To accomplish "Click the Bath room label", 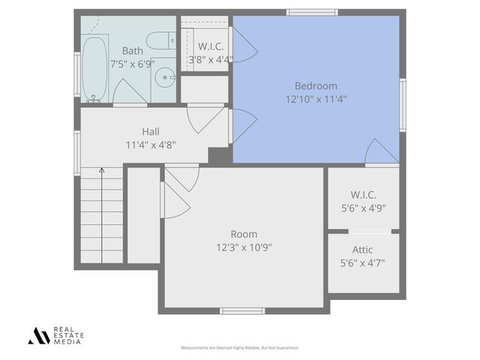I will (133, 51).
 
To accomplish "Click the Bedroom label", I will (316, 85).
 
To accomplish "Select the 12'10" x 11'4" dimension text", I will (316, 98).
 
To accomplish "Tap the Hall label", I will (151, 131).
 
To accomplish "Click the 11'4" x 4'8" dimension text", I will (151, 145).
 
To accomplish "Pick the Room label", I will (244, 233).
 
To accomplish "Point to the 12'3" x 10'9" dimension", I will (244, 247).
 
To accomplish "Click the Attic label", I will (363, 250).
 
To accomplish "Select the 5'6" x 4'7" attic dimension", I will (363, 262).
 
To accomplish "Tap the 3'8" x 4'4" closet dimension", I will (210, 58).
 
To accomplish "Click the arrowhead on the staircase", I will (102, 172).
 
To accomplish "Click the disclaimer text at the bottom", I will (240, 348).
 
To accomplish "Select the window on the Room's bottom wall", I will (242, 310).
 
